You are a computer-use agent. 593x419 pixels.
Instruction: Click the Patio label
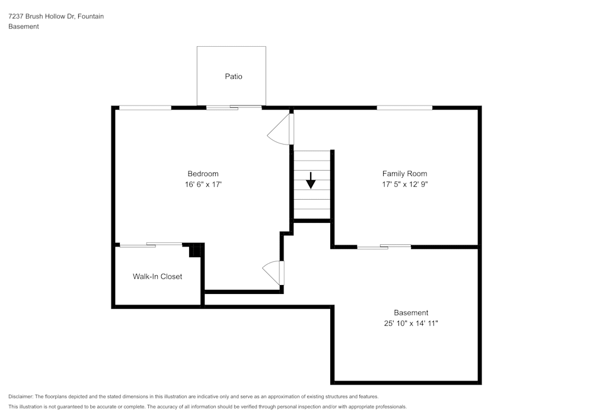(233, 76)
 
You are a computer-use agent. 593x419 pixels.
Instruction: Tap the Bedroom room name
(203, 174)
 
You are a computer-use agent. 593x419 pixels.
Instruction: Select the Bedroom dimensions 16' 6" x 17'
(203, 184)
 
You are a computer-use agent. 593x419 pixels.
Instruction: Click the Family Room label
(404, 174)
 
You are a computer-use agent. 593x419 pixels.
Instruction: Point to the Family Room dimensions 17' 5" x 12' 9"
(404, 184)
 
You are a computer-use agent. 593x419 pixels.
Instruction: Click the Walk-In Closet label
(157, 276)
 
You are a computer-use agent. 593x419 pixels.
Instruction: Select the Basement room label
(410, 313)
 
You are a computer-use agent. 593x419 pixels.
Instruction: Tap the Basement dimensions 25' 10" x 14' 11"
(410, 324)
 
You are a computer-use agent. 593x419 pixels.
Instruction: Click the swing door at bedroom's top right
(281, 129)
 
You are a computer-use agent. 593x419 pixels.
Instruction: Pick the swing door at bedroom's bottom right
(274, 273)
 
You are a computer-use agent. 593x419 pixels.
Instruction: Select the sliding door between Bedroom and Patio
(233, 107)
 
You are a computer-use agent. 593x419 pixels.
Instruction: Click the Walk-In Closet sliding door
(151, 244)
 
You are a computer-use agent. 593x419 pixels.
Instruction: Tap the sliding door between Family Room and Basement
(384, 247)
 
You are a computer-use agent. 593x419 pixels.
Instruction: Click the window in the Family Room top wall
(404, 107)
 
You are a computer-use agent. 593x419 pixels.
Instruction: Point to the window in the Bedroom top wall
(145, 107)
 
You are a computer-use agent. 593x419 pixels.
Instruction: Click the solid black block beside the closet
(196, 250)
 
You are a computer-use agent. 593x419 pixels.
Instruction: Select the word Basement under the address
(24, 27)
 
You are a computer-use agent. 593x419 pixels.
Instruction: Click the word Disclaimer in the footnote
(21, 396)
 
